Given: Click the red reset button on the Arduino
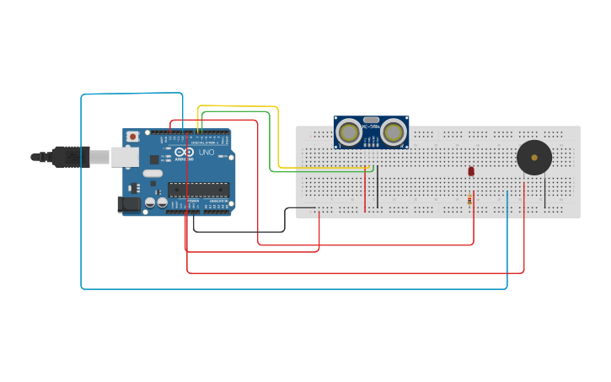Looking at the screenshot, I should [x=132, y=137].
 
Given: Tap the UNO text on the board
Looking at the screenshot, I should [x=206, y=152].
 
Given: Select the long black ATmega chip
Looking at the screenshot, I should [x=199, y=190].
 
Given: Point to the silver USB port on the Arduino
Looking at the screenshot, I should [x=125, y=157].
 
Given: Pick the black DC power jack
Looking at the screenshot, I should [x=129, y=203].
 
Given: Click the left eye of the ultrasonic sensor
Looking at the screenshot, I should [x=349, y=132].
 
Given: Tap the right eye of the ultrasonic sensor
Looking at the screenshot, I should [x=393, y=132].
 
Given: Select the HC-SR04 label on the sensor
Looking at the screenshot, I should [x=371, y=127].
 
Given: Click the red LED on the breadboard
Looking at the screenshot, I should [x=471, y=171].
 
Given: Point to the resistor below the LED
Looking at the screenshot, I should [x=469, y=199].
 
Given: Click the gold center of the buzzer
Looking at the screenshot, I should [x=534, y=158].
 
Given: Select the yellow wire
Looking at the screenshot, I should [x=278, y=135].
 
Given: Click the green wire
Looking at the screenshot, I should [x=270, y=143].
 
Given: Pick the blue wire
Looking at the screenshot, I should [x=81, y=194].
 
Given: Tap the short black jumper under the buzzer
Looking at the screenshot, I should [x=544, y=192].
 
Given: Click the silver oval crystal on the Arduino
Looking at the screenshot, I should [x=153, y=174].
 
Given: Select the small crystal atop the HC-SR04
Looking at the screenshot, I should [x=371, y=120].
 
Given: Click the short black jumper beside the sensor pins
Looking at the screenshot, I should [x=378, y=187].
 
